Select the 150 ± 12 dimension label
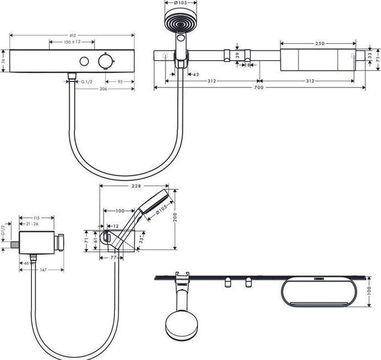pyautogui.click(x=72, y=42)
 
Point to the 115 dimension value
pyautogui.click(x=36, y=218)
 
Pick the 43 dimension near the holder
pyautogui.click(x=196, y=74)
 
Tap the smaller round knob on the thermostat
pyautogui.click(x=84, y=61)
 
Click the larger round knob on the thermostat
pyautogui.click(x=105, y=61)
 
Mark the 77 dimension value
pyautogui.click(x=114, y=259)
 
